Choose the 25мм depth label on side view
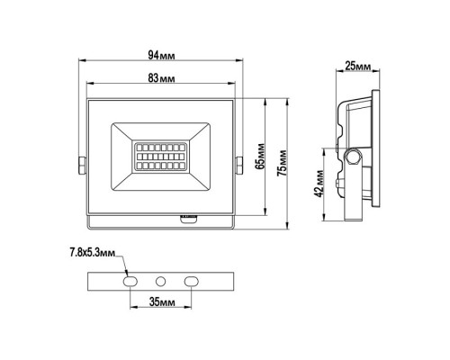(359, 67)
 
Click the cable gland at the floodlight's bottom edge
(189, 217)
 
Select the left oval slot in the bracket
(129, 281)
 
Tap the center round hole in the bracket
(159, 281)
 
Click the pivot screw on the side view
(354, 159)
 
